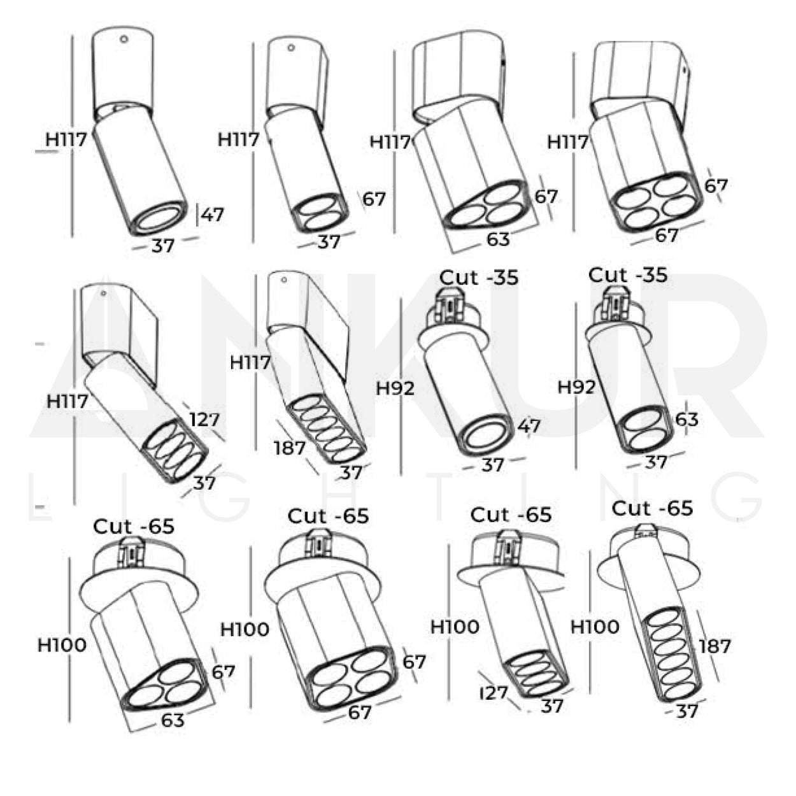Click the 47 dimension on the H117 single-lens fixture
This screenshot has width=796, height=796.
coord(213,215)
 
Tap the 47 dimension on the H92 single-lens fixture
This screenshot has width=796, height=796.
coord(529,426)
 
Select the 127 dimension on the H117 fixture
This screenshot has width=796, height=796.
coord(204,420)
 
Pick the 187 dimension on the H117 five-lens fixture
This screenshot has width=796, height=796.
coord(290,448)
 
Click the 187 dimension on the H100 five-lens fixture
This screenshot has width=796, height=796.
coord(714,646)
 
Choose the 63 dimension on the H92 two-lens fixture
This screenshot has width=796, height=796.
coord(687,420)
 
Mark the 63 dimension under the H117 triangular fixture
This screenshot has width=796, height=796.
coord(498,239)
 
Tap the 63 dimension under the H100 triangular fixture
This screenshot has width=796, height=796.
coord(173,720)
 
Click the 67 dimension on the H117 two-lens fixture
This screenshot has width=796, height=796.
coord(374,199)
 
